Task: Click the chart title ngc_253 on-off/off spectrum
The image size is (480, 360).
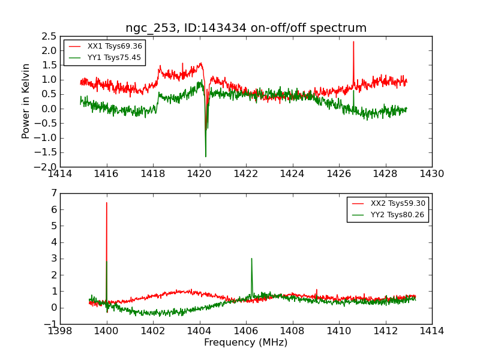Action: (246, 28)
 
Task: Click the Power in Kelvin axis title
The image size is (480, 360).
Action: (26, 101)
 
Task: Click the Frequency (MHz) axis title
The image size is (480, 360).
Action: (246, 343)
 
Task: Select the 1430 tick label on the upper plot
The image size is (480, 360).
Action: (431, 174)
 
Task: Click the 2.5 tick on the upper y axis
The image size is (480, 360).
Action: (50, 36)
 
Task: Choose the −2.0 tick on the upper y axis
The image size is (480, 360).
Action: (47, 167)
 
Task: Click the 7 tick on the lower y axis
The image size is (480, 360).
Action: (54, 193)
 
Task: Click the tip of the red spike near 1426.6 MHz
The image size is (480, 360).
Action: (353, 41)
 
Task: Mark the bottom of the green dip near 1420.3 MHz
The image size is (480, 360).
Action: (206, 157)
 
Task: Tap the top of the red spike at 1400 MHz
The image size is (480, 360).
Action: (107, 202)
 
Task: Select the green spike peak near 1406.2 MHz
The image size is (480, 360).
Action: (251, 259)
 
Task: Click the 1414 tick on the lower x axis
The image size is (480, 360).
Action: (431, 331)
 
